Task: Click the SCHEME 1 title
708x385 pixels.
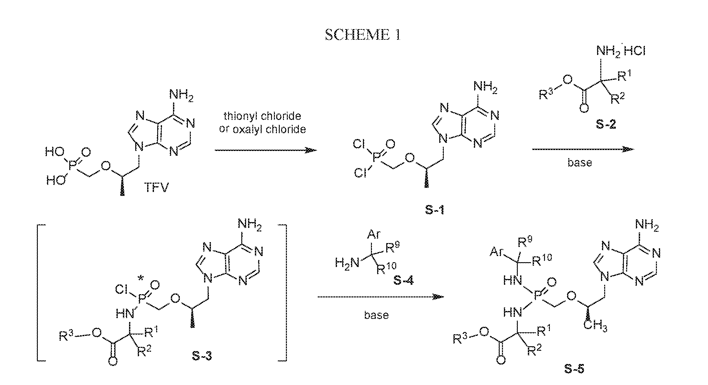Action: pyautogui.click(x=363, y=35)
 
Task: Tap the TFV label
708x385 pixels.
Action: pyautogui.click(x=156, y=187)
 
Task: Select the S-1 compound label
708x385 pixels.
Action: pyautogui.click(x=434, y=211)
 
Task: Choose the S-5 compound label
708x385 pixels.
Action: pyautogui.click(x=574, y=369)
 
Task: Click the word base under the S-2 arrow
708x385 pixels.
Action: pyautogui.click(x=580, y=162)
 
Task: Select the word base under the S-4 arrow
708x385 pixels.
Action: pyautogui.click(x=376, y=315)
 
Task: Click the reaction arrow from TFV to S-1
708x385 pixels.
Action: pyautogui.click(x=266, y=150)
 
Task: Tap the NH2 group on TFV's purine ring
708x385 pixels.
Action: pyautogui.click(x=181, y=96)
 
